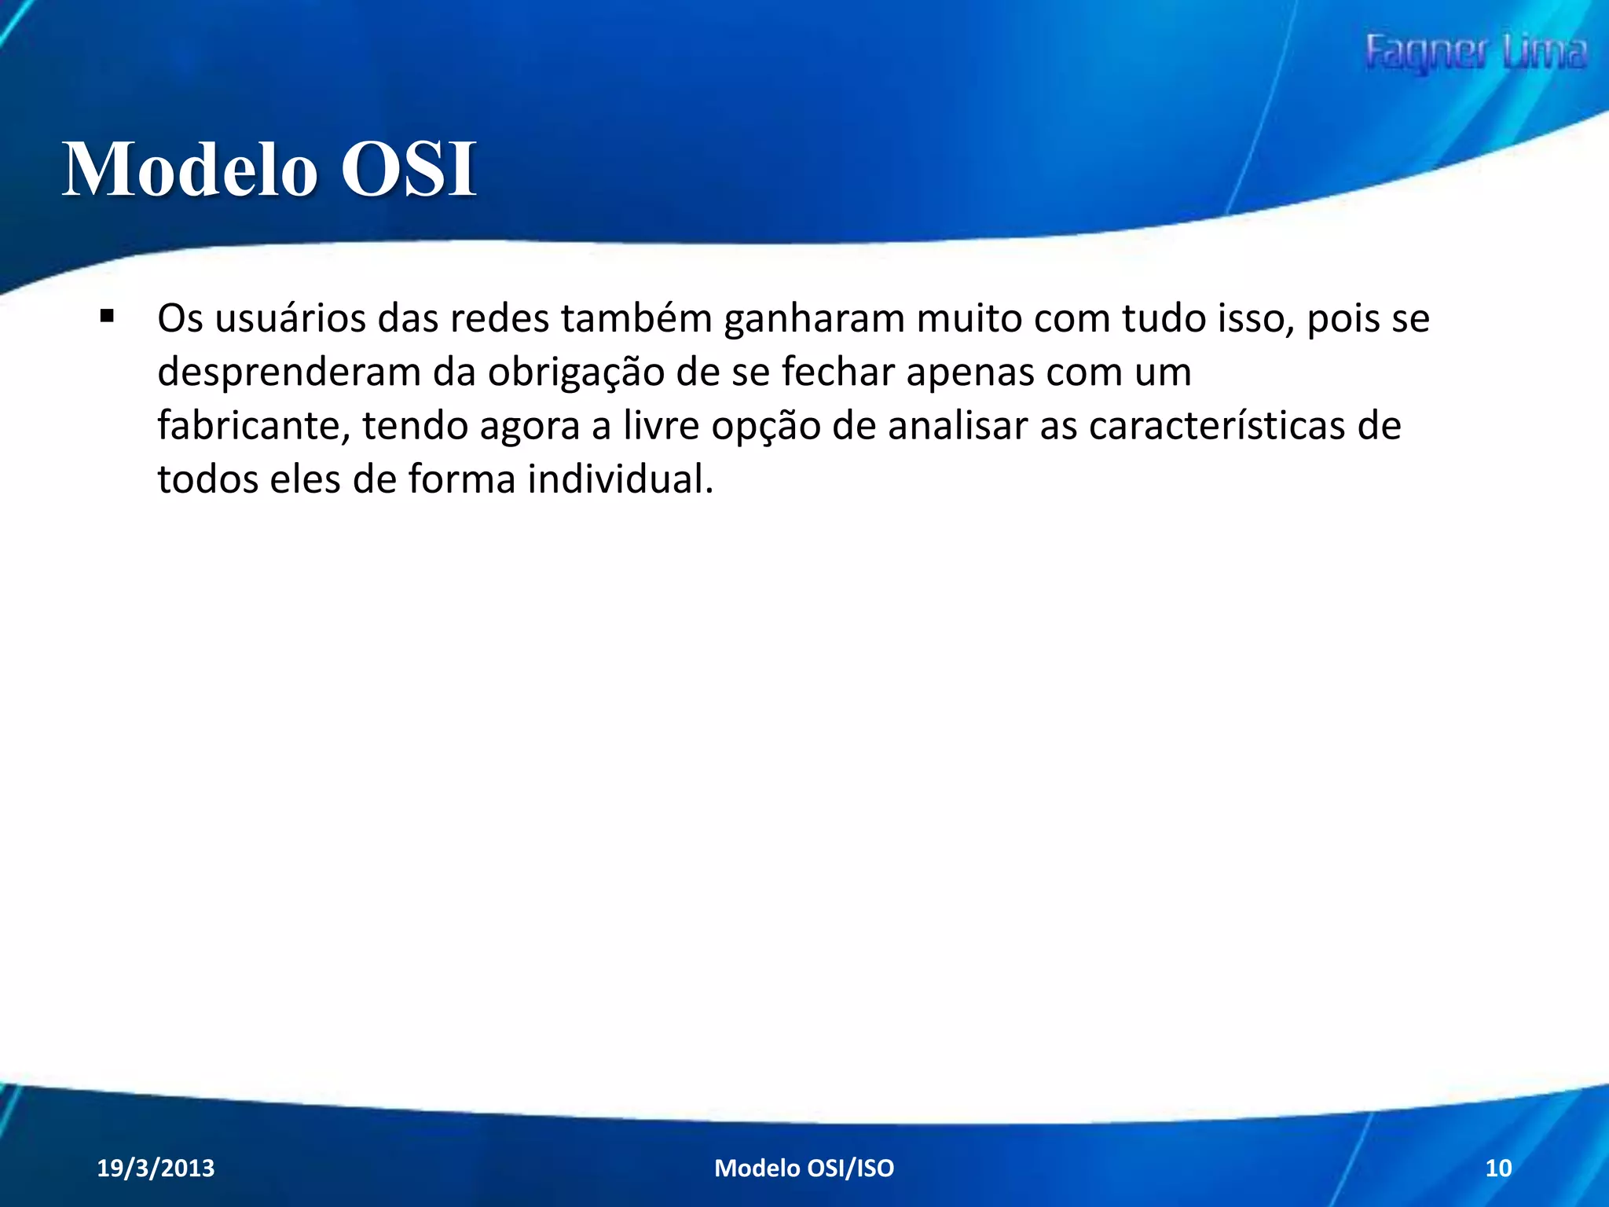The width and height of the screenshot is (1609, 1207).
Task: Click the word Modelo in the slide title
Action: pyautogui.click(x=189, y=169)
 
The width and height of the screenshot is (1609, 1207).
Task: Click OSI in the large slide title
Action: pyautogui.click(x=409, y=169)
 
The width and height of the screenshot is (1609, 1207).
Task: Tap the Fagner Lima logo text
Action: pyautogui.click(x=1475, y=53)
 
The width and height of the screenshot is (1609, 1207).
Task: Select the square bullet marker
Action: pyautogui.click(x=107, y=317)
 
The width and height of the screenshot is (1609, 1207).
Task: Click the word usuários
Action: pyautogui.click(x=291, y=319)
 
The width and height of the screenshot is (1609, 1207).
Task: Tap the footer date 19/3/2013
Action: pyautogui.click(x=156, y=1168)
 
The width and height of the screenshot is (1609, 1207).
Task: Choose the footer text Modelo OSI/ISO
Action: pyautogui.click(x=804, y=1168)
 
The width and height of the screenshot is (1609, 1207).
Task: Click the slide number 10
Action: pyautogui.click(x=1498, y=1168)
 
